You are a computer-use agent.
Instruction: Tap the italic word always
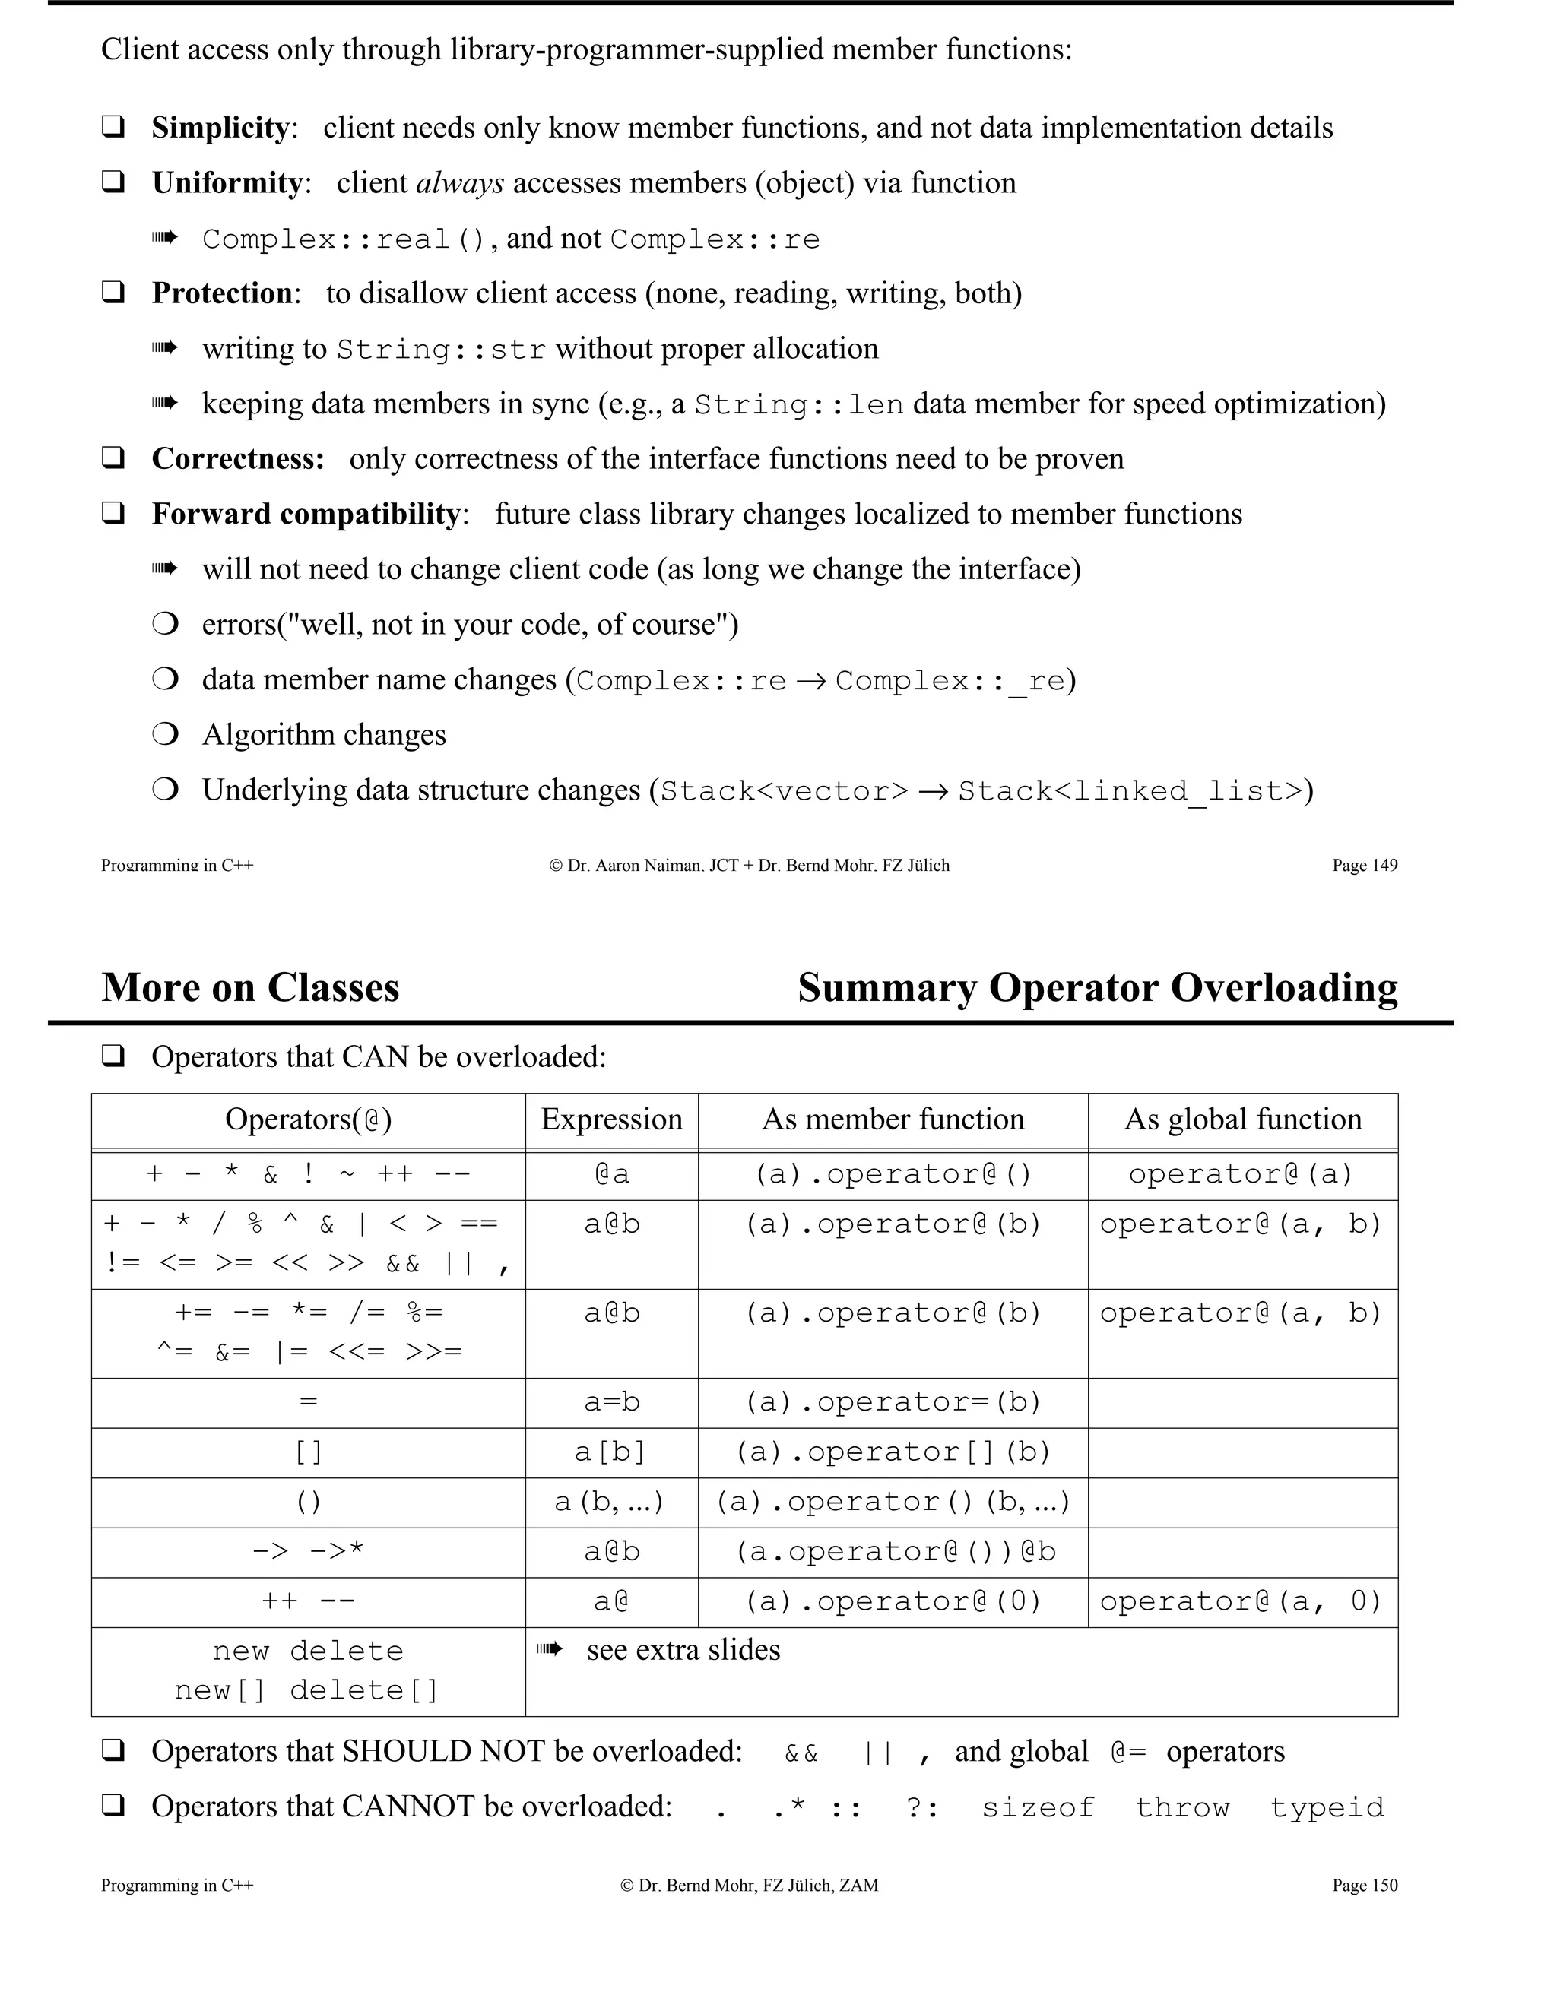pos(459,182)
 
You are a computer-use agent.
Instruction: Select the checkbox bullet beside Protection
pos(113,293)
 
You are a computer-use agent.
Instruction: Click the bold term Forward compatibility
pos(306,514)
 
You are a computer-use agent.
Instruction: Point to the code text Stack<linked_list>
pos(1130,791)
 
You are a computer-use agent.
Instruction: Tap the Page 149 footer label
pos(1364,865)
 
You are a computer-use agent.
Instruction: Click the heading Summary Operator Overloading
pos(1097,988)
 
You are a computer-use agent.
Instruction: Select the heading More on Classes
pos(250,988)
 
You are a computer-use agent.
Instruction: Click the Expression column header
pos(611,1119)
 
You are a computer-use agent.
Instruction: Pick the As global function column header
pos(1242,1119)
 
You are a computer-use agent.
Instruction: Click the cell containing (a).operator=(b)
pos(892,1403)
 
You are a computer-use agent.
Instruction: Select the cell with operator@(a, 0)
pos(1241,1602)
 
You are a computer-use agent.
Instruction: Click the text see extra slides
pos(683,1650)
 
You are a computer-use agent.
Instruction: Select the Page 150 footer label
pos(1364,1885)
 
